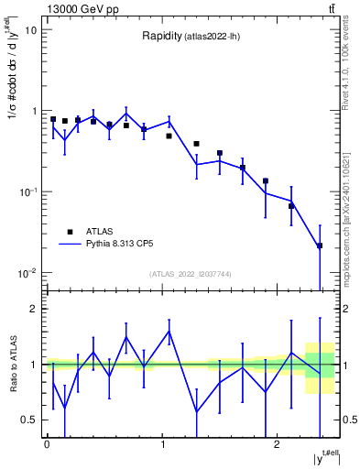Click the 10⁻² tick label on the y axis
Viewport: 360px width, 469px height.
coord(27,273)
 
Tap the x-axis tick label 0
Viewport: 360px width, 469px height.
coord(47,444)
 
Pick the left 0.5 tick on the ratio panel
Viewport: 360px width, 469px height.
coord(30,420)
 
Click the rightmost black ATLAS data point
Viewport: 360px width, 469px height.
coord(319,245)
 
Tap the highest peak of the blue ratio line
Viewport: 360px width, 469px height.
coord(169,332)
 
